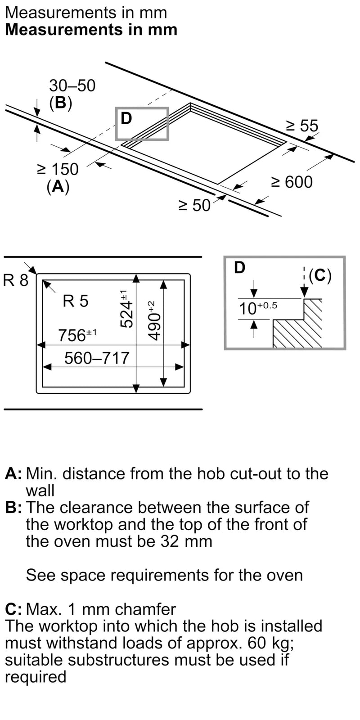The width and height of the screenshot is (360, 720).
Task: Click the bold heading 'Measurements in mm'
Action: [x=91, y=30]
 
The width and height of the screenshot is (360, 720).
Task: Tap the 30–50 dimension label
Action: [x=72, y=85]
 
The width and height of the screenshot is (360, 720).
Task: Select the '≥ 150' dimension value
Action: [x=58, y=169]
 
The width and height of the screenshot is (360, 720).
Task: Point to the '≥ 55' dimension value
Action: [x=302, y=126]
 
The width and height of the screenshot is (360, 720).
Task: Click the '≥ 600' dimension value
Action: [x=292, y=182]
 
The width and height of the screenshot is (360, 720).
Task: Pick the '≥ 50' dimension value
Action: [x=194, y=205]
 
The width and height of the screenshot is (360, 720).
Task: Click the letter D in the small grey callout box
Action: [x=126, y=118]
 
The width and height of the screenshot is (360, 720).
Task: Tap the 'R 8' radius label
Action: [x=16, y=280]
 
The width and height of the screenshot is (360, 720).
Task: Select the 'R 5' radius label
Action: [x=76, y=301]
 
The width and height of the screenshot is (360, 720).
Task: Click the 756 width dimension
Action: [x=77, y=335]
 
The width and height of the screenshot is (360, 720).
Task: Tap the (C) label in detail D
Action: [x=319, y=276]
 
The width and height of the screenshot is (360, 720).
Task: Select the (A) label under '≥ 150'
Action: [x=58, y=187]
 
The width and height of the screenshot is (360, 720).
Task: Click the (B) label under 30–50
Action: [x=60, y=103]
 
